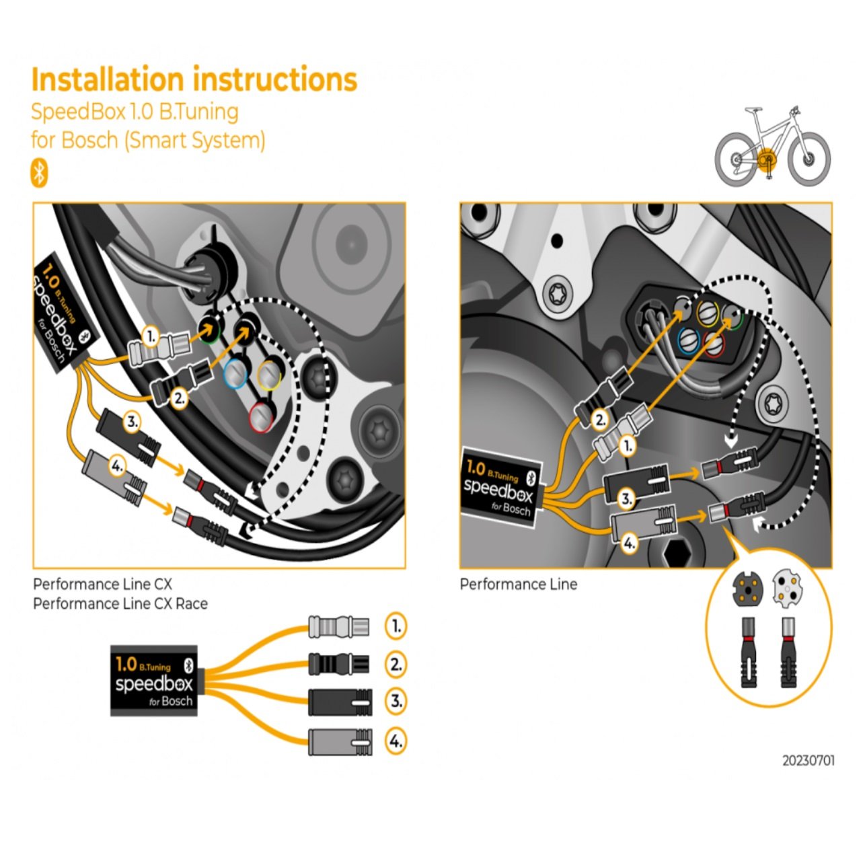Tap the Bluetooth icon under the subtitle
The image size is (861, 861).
[40, 173]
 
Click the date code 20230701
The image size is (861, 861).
[808, 761]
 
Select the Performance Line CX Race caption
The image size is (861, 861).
[120, 603]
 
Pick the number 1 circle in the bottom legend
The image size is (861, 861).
[396, 626]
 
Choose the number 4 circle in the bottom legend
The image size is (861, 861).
[396, 741]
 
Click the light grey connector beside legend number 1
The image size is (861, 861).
[338, 627]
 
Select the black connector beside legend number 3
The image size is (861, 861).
[340, 702]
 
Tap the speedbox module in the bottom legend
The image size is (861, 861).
[154, 681]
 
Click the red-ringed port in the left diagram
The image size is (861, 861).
[260, 416]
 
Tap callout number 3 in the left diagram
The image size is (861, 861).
[133, 422]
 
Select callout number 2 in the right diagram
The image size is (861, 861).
[600, 420]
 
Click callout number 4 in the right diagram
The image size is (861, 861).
[628, 542]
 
